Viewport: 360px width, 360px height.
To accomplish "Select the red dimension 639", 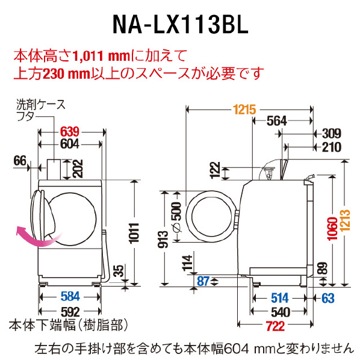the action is tap(70, 132).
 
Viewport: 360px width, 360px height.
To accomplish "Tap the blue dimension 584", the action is tap(70, 296).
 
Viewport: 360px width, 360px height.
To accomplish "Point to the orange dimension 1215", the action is tap(244, 110).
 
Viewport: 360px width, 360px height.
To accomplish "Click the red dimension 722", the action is tap(275, 326).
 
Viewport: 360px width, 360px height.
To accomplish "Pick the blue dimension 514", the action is tap(280, 298).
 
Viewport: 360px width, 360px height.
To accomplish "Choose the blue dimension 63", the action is tap(328, 298).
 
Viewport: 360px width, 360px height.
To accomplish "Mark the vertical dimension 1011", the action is tap(134, 233).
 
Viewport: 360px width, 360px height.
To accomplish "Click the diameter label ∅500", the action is tap(176, 217).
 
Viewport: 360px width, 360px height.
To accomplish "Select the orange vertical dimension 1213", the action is tap(345, 220).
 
